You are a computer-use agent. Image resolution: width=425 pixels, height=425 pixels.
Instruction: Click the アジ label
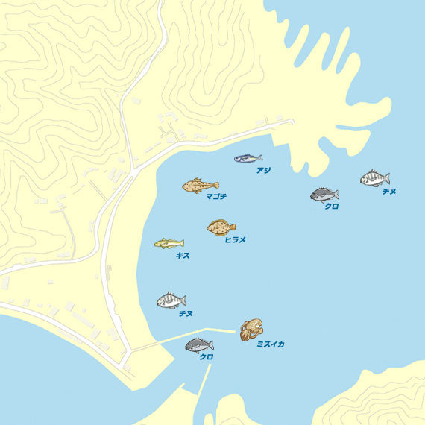[x=263, y=171]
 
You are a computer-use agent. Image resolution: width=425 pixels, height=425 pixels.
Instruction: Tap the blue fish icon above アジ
[x=248, y=158]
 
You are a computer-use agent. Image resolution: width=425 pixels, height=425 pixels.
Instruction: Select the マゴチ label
[x=216, y=197]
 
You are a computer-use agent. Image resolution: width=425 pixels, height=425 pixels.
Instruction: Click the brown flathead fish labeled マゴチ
[x=200, y=185]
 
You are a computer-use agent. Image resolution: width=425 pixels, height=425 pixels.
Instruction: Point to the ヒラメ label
[x=235, y=239]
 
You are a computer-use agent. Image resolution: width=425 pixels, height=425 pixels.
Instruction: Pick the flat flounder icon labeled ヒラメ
[x=221, y=227]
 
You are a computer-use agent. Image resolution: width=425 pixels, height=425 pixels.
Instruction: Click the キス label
[x=183, y=256]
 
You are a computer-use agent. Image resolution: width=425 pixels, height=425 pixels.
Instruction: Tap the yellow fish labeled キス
[x=169, y=243]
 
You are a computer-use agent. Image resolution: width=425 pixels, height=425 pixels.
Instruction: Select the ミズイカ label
[x=270, y=344]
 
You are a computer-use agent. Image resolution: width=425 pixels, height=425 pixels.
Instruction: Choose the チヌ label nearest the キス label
[x=186, y=314]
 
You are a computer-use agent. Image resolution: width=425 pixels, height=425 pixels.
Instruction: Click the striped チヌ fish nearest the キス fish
[x=171, y=300]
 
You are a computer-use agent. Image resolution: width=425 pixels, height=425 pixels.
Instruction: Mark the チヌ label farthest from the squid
[x=388, y=192]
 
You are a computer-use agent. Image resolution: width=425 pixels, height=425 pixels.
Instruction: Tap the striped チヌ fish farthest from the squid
[x=374, y=178]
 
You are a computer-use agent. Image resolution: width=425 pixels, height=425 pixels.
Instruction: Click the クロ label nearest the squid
[x=207, y=357]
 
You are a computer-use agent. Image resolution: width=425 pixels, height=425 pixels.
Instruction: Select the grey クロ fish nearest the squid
[x=199, y=344]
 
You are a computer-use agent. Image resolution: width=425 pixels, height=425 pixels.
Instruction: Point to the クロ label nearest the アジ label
[x=331, y=207]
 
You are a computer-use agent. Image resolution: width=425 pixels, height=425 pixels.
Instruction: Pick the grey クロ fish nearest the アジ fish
[x=324, y=195]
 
